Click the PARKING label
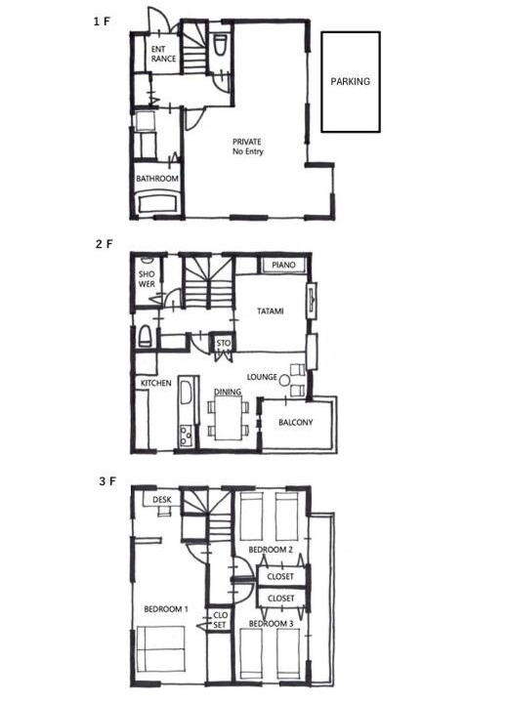pyautogui.click(x=350, y=82)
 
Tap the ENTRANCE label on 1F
pyautogui.click(x=163, y=54)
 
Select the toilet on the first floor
pyautogui.click(x=220, y=46)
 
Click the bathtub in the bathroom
pyautogui.click(x=156, y=203)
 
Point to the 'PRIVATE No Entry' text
pyautogui.click(x=247, y=146)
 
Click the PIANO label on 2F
pyautogui.click(x=283, y=265)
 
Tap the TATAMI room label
pyautogui.click(x=271, y=310)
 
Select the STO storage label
pyautogui.click(x=224, y=343)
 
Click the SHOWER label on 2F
pyautogui.click(x=147, y=279)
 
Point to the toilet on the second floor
pyautogui.click(x=145, y=335)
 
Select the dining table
pyautogui.click(x=228, y=418)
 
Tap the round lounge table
pyautogui.click(x=284, y=381)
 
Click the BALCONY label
pyautogui.click(x=295, y=423)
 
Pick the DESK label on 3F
pyautogui.click(x=161, y=500)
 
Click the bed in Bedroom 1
pyautogui.click(x=160, y=648)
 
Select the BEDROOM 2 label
pyautogui.click(x=271, y=549)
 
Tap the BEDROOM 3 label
pyautogui.click(x=271, y=624)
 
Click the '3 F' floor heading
pyautogui.click(x=107, y=481)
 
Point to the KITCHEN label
pyautogui.click(x=155, y=383)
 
